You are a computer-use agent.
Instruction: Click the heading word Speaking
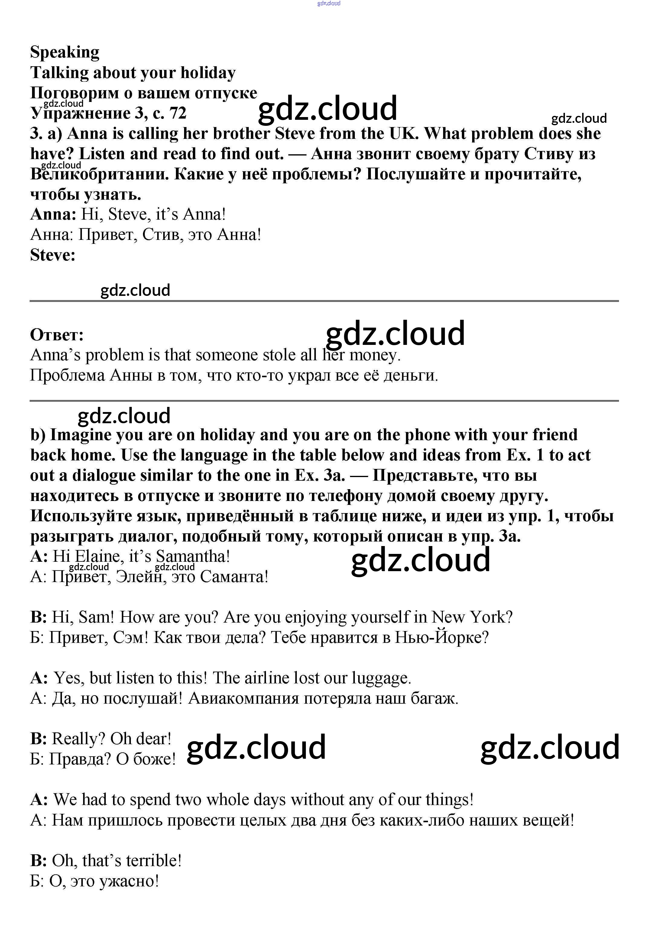(x=65, y=53)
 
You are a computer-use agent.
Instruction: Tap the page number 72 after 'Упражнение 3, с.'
(x=178, y=113)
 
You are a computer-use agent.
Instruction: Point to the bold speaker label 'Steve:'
(x=53, y=255)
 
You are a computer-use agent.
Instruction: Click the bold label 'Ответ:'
(x=57, y=335)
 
